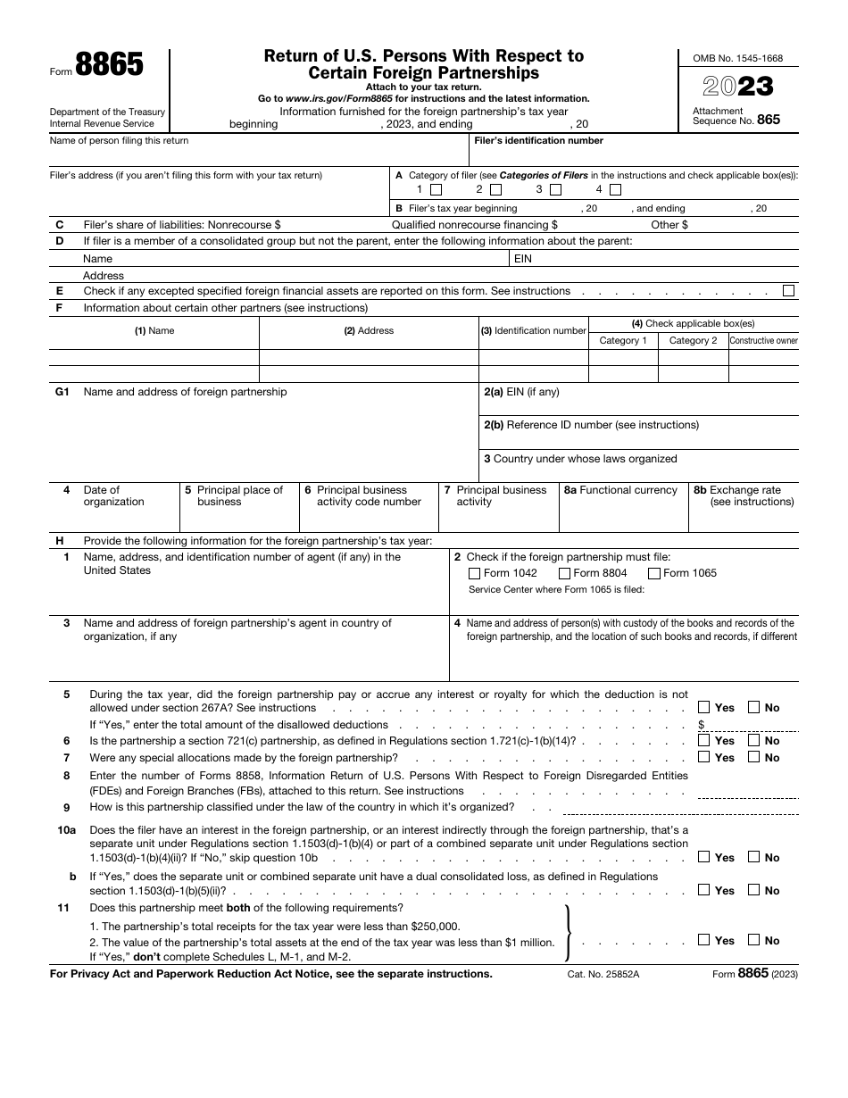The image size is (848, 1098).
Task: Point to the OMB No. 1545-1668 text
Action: coord(738,58)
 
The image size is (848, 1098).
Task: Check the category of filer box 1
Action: coord(436,190)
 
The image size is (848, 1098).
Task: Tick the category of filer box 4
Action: coord(615,190)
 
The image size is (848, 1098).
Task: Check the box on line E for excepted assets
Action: coord(788,291)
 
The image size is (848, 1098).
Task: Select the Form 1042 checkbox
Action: coord(474,574)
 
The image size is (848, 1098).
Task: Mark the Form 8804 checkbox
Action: coord(564,574)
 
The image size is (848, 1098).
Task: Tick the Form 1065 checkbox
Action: coord(654,574)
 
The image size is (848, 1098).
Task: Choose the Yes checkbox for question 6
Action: coord(704,741)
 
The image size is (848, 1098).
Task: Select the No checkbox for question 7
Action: coord(753,758)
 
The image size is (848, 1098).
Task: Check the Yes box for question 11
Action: coord(704,940)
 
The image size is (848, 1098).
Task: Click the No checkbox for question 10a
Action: coord(753,857)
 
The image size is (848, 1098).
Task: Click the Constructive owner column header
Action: coord(763,341)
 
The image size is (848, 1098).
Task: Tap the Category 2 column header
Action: coord(693,341)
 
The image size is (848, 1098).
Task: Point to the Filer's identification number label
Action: coord(538,141)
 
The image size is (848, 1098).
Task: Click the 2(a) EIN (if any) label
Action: coord(521,392)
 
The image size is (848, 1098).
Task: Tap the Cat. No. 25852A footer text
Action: coord(603,974)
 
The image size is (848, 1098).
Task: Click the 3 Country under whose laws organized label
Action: coord(580,459)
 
